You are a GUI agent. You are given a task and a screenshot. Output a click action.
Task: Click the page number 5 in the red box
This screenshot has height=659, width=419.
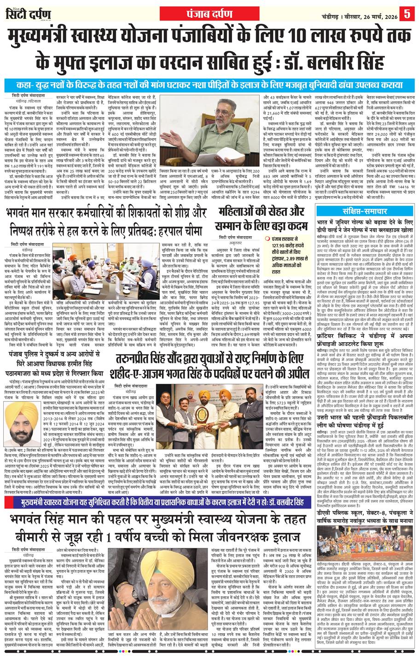tap(407, 14)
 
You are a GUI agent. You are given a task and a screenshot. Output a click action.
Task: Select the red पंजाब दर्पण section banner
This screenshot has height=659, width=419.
tap(209, 12)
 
